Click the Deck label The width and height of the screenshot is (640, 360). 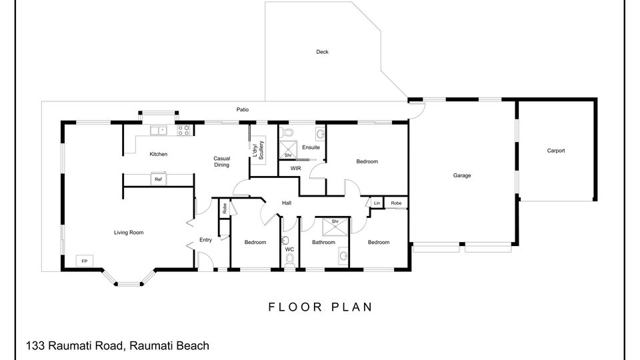coord(322,52)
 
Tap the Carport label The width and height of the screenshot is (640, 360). coord(556,151)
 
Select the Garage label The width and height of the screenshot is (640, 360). coord(462,175)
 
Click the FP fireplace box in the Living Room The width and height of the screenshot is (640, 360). coord(85,261)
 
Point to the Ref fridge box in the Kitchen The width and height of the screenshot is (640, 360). coord(159,179)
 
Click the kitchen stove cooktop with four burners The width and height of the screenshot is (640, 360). coord(183,130)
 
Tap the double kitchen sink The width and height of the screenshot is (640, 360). coord(159,131)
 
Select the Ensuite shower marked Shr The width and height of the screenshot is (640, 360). coord(288,149)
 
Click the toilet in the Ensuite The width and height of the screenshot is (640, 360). coord(288,132)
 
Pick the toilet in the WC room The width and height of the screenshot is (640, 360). coord(290,259)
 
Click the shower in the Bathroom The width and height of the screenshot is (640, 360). coord(335,227)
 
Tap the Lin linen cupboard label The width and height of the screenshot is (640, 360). coord(377,203)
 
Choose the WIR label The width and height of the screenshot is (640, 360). coord(295,168)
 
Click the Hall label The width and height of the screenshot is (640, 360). coord(287,203)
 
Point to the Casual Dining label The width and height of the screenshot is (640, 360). coord(221,161)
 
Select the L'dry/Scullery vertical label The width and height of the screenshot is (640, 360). coord(259,150)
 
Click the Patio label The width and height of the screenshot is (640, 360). coord(243,109)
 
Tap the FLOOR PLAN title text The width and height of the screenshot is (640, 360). coord(321,307)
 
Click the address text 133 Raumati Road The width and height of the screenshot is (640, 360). coord(74,346)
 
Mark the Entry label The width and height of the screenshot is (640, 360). coord(206,240)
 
